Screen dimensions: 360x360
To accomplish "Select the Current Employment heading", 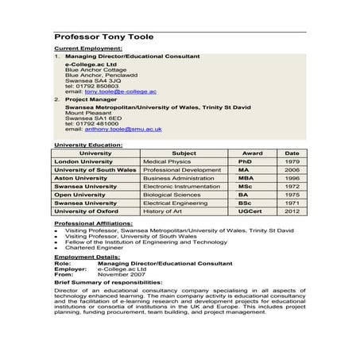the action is (x=85, y=49).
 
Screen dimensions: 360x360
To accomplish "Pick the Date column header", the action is (x=292, y=153).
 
